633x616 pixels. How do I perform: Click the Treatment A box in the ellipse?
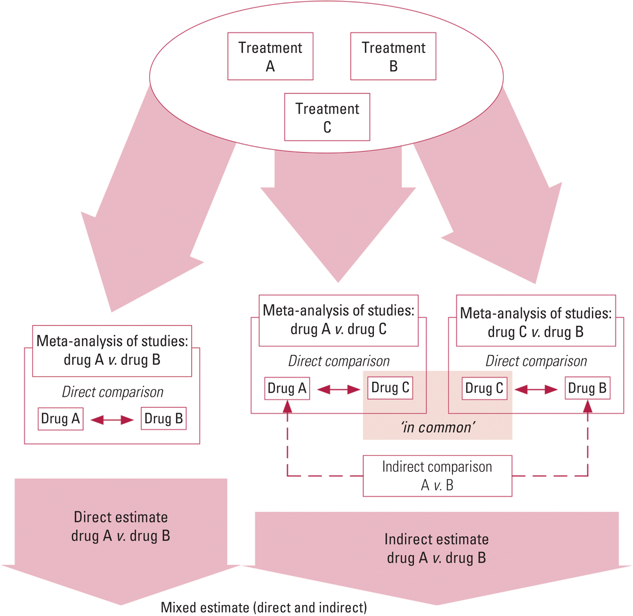tap(270, 56)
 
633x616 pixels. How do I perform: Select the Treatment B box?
tap(393, 56)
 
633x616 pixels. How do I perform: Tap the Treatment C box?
tap(327, 117)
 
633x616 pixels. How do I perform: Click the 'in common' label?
tap(438, 427)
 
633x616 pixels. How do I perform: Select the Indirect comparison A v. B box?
tap(437, 476)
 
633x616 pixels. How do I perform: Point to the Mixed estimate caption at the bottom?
tap(264, 607)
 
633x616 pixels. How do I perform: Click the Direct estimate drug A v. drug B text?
tap(121, 527)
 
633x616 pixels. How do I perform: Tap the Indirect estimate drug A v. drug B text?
tap(436, 548)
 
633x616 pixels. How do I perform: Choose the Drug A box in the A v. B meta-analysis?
tap(61, 419)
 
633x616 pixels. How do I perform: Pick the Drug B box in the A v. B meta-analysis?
tap(164, 419)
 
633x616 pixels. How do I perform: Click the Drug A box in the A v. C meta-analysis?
tap(287, 389)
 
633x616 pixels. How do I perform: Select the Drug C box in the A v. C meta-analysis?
tap(390, 388)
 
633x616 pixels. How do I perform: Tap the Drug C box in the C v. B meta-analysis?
tap(484, 389)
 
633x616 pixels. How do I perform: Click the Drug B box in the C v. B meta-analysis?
tap(587, 388)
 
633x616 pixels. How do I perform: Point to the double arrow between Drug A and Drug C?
tap(339, 390)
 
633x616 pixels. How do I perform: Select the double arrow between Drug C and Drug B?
tap(536, 390)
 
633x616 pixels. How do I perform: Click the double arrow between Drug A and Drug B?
tap(112, 420)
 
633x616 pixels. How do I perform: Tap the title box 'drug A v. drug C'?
tap(338, 320)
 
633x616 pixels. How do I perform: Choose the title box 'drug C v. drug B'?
tap(536, 322)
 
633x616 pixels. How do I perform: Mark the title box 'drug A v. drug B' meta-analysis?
tap(112, 351)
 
